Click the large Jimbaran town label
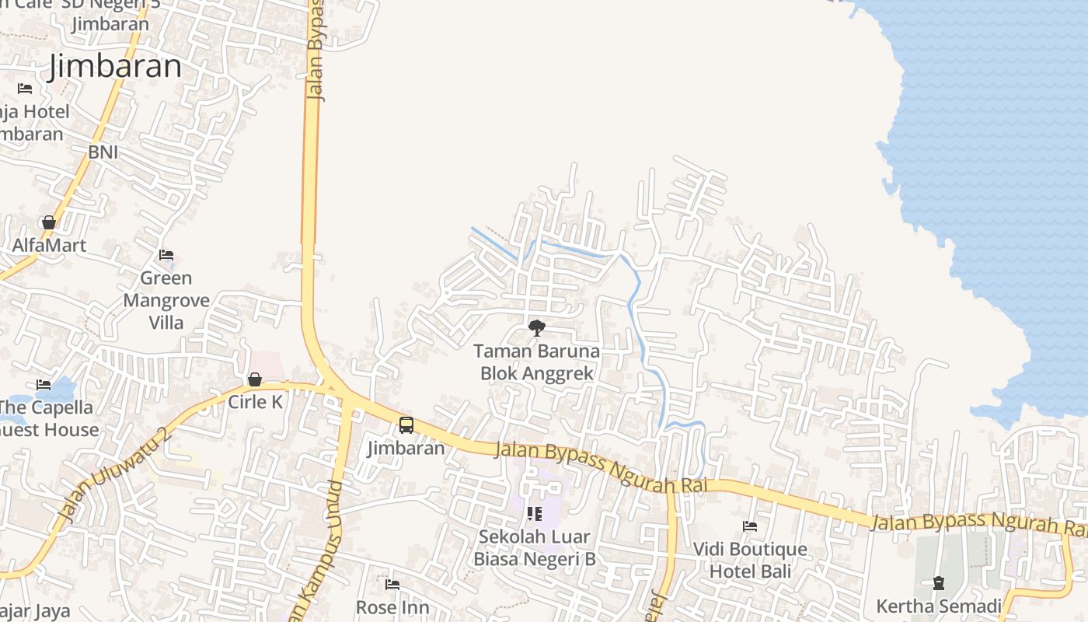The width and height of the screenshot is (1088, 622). [x=115, y=67]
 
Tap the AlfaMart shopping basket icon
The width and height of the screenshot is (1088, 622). [x=49, y=222]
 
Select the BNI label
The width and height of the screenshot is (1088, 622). [x=103, y=152]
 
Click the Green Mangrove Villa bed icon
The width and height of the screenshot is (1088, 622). [x=166, y=255]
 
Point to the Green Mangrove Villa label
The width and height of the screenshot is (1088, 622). [x=166, y=300]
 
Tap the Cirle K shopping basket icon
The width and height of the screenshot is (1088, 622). [x=255, y=379]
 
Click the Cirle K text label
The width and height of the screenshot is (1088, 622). [x=255, y=402]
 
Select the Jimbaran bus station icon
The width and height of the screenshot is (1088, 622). [x=406, y=425]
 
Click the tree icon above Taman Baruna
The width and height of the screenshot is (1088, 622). [x=536, y=328]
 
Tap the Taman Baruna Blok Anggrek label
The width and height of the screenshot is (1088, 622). [x=536, y=362]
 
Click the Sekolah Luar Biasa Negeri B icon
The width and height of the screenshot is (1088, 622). [x=534, y=513]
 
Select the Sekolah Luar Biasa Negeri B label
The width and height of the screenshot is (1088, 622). [x=535, y=547]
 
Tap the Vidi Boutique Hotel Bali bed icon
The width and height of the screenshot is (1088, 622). [x=750, y=526]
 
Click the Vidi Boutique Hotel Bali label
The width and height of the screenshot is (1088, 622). [x=750, y=560]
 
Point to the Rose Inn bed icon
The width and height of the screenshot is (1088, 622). [x=392, y=584]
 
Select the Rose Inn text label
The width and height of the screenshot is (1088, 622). [x=392, y=607]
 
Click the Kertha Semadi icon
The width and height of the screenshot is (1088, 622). [x=939, y=583]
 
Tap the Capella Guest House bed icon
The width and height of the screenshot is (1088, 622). [x=44, y=385]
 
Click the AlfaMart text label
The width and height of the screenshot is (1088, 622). [x=49, y=246]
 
